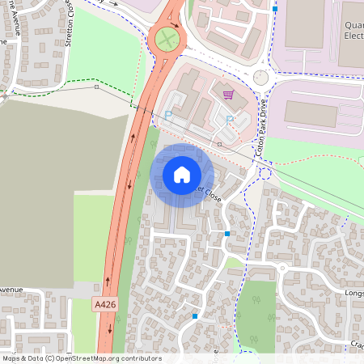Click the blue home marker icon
[181, 175]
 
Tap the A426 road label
[104, 304]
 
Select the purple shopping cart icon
[229, 95]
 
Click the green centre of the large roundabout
[167, 37]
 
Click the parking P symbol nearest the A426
[168, 116]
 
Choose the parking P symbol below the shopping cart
[230, 120]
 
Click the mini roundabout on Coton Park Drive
[260, 78]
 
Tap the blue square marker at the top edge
[275, 9]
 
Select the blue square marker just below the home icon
[227, 233]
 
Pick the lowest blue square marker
[195, 316]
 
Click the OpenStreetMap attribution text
[81, 358]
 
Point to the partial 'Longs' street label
[353, 293]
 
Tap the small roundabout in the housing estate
[282, 268]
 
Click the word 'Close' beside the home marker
[211, 196]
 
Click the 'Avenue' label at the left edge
[11, 289]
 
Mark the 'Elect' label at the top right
[353, 36]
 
